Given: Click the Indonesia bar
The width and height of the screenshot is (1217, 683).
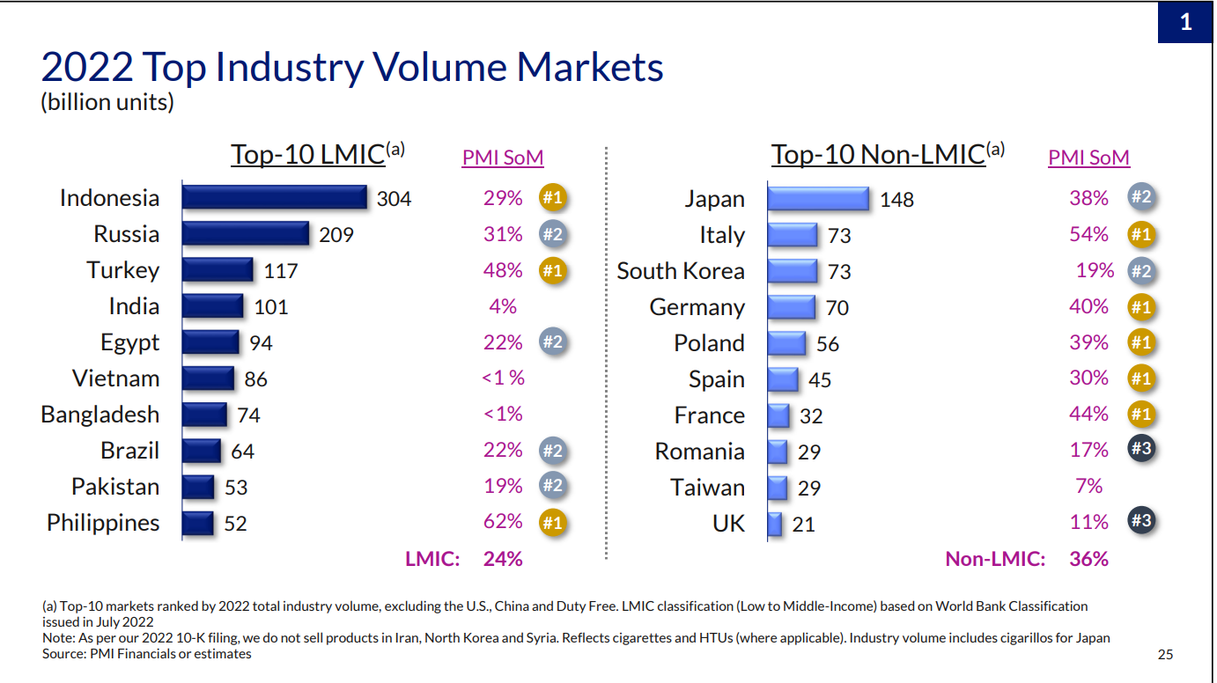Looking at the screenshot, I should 274,197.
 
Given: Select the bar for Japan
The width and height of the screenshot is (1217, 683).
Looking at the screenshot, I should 818,199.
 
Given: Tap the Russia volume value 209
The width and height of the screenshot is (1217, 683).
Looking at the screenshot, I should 336,235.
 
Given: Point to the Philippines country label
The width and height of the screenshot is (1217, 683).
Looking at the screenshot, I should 103,523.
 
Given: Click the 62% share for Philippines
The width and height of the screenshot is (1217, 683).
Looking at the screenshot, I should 503,522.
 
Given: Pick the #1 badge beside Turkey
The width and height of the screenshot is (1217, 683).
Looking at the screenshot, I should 552,270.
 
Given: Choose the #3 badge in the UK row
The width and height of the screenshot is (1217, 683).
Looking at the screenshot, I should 1141,521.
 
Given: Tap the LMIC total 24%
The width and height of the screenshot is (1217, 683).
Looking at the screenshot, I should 503,558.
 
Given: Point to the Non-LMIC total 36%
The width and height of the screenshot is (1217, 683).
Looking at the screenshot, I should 1088,558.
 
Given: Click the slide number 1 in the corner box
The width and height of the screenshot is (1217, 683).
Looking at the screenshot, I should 1185,22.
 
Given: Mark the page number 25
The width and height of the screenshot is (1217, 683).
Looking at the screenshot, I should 1165,654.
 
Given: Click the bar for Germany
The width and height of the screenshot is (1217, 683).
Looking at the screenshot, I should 791,307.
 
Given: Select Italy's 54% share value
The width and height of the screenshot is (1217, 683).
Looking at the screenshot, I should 1088,234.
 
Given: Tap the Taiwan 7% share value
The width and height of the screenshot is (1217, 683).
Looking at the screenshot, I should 1088,486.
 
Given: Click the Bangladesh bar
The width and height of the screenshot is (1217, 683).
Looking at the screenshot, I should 204,415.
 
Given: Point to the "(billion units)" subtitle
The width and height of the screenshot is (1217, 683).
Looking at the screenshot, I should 107,102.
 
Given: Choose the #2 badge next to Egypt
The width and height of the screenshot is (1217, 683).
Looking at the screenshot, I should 552,342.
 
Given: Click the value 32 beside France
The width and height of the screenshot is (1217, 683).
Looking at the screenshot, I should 811,415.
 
